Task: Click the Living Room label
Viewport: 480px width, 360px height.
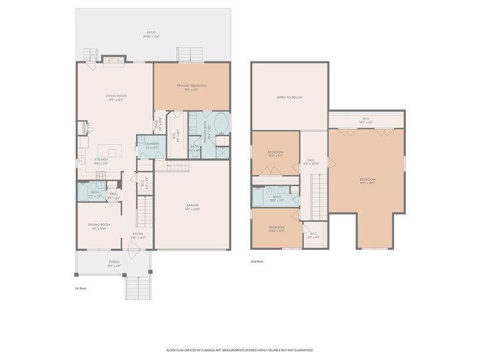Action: pyautogui.click(x=115, y=97)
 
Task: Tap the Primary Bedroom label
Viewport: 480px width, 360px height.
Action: pyautogui.click(x=191, y=86)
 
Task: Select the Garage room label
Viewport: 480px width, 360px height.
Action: pyautogui.click(x=193, y=205)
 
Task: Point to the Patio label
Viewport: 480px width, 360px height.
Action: pyautogui.click(x=153, y=33)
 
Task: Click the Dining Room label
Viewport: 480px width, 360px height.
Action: pyautogui.click(x=99, y=225)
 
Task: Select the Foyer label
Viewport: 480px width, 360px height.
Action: pyautogui.click(x=138, y=235)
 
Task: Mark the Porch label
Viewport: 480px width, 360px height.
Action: pyautogui.click(x=114, y=263)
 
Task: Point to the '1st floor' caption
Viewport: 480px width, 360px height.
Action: pyautogui.click(x=81, y=288)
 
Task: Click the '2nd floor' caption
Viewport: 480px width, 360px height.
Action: pyautogui.click(x=257, y=261)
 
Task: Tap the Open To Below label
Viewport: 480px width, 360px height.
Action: pyautogui.click(x=289, y=97)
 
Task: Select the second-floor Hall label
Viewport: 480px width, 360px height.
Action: pyautogui.click(x=311, y=161)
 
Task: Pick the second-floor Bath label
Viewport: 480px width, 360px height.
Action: pyautogui.click(x=276, y=197)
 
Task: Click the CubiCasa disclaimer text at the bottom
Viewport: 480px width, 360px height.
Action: pyautogui.click(x=239, y=349)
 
